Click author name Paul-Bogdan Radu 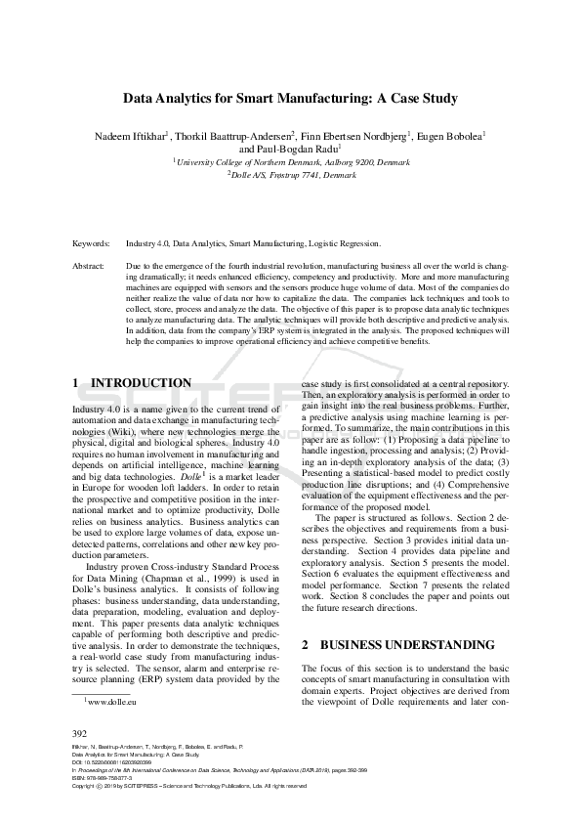pyautogui.click(x=290, y=150)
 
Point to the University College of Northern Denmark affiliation pyautogui.click(x=290, y=163)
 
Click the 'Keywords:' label pyautogui.click(x=91, y=243)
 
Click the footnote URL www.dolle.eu pyautogui.click(x=111, y=701)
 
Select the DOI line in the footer pyautogui.click(x=106, y=762)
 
